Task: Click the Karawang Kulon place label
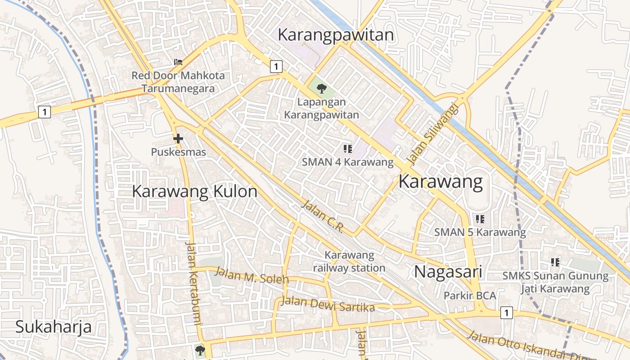[x=194, y=192]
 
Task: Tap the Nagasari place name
[x=448, y=272]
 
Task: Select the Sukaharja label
[x=54, y=327]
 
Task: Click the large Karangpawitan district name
[x=336, y=35]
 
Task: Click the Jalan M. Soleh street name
[x=252, y=275]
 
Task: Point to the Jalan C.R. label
[x=322, y=216]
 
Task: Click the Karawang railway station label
[x=349, y=261]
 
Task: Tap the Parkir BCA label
[x=470, y=296]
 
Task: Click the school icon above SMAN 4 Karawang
[x=347, y=148]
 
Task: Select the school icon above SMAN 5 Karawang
[x=480, y=219]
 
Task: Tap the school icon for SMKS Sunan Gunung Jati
[x=555, y=262]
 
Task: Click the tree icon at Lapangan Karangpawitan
[x=321, y=89]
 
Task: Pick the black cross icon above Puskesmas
[x=178, y=139]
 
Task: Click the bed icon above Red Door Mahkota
[x=178, y=62]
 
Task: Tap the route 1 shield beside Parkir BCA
[x=507, y=312]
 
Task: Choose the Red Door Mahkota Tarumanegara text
[x=178, y=82]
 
